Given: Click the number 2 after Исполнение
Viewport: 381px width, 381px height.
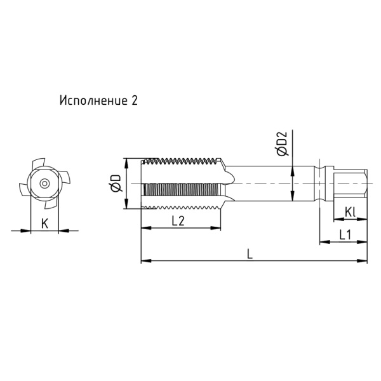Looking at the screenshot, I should point(134,100).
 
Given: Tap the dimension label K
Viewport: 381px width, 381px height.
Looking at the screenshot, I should point(44,223).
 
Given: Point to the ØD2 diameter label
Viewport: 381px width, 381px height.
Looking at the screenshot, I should point(281,144).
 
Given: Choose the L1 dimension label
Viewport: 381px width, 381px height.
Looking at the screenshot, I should point(345,234).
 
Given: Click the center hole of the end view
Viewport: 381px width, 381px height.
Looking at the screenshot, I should point(43,183).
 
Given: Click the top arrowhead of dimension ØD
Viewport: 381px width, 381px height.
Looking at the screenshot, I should point(127,161).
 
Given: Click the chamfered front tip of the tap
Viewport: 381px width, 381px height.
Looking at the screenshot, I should point(144,183).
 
